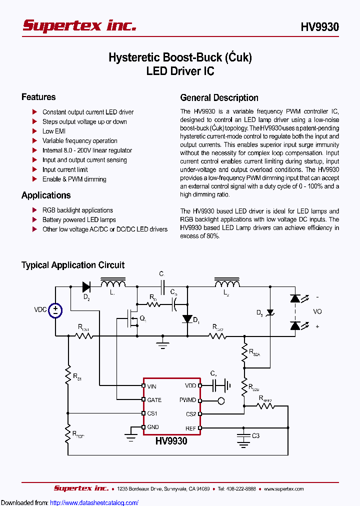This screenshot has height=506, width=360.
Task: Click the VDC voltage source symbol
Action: pyautogui.click(x=55, y=310)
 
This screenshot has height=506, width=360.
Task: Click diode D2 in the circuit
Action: pyautogui.click(x=86, y=286)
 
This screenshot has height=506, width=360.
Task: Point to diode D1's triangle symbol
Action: pyautogui.click(x=187, y=319)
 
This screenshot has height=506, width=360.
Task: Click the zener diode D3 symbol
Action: pyautogui.click(x=270, y=312)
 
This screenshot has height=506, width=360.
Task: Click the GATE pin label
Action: pyautogui.click(x=154, y=400)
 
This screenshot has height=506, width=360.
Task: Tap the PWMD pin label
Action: pyautogui.click(x=188, y=400)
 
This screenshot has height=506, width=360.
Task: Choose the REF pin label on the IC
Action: pyautogui.click(x=191, y=428)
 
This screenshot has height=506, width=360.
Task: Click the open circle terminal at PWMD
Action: pyautogui.click(x=221, y=400)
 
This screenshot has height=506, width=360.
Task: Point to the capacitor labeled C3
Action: pyautogui.click(x=243, y=436)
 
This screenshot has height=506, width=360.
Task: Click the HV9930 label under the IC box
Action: pyautogui.click(x=171, y=441)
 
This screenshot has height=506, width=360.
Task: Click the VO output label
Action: pyautogui.click(x=317, y=311)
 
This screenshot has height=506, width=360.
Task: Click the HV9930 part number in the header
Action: pyautogui.click(x=320, y=27)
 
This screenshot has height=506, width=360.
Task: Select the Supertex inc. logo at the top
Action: pyautogui.click(x=79, y=26)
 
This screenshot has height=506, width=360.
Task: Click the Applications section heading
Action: pyautogui.click(x=46, y=195)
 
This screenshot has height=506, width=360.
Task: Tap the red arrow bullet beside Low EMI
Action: pyautogui.click(x=34, y=131)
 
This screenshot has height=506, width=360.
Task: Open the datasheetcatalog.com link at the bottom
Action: pyautogui.click(x=94, y=502)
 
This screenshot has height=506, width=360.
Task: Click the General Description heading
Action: pyautogui.click(x=219, y=98)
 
